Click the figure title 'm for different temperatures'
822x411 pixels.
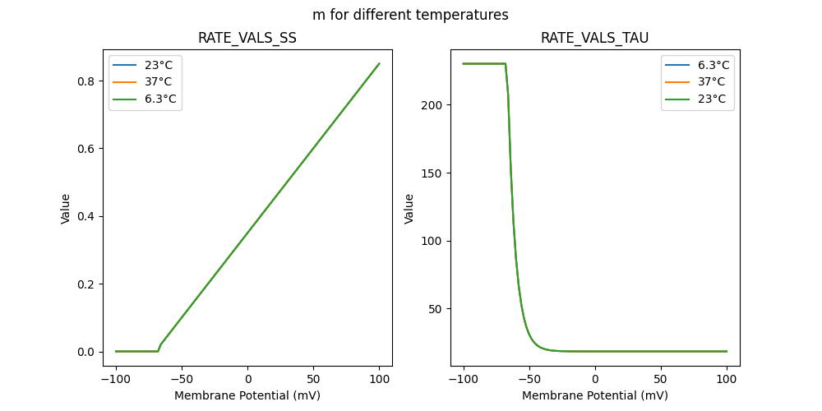point(410,15)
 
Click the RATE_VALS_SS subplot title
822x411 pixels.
point(247,39)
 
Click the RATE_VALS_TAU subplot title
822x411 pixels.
point(594,39)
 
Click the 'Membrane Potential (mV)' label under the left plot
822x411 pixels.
point(247,395)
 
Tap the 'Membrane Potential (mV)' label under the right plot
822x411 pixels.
point(594,395)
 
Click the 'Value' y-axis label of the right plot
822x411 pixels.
point(409,209)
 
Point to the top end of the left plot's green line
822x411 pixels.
point(379,63)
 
